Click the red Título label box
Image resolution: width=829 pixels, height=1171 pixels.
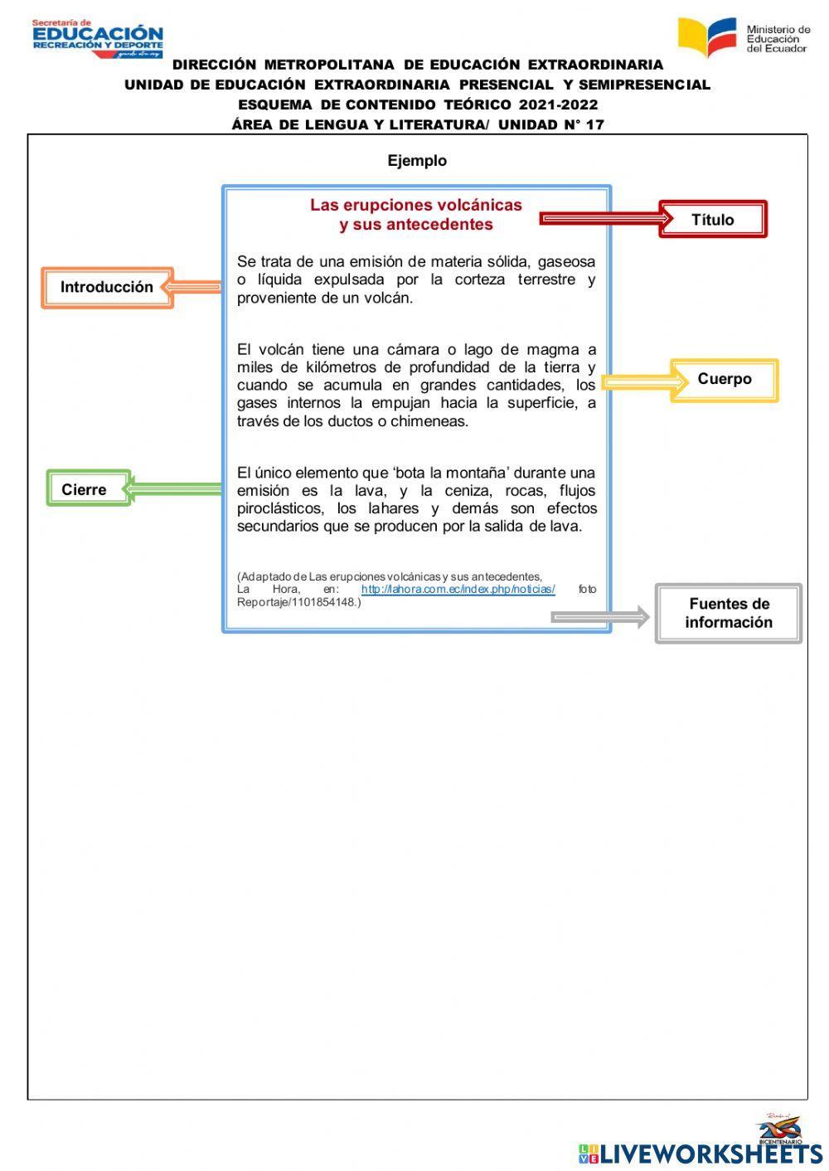pyautogui.click(x=713, y=220)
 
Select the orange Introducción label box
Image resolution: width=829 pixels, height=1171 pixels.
pyautogui.click(x=107, y=288)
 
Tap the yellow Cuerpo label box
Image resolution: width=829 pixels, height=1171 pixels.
pyautogui.click(x=725, y=380)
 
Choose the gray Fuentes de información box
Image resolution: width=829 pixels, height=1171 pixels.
pyautogui.click(x=729, y=614)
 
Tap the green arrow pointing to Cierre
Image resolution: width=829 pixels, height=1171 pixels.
pyautogui.click(x=174, y=488)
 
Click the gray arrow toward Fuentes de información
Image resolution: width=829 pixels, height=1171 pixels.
pyautogui.click(x=599, y=617)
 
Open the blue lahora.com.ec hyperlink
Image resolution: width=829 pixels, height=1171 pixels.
pyautogui.click(x=458, y=590)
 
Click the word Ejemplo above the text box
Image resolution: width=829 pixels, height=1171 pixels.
pyautogui.click(x=417, y=161)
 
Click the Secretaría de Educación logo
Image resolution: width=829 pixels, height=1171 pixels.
pyautogui.click(x=98, y=39)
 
